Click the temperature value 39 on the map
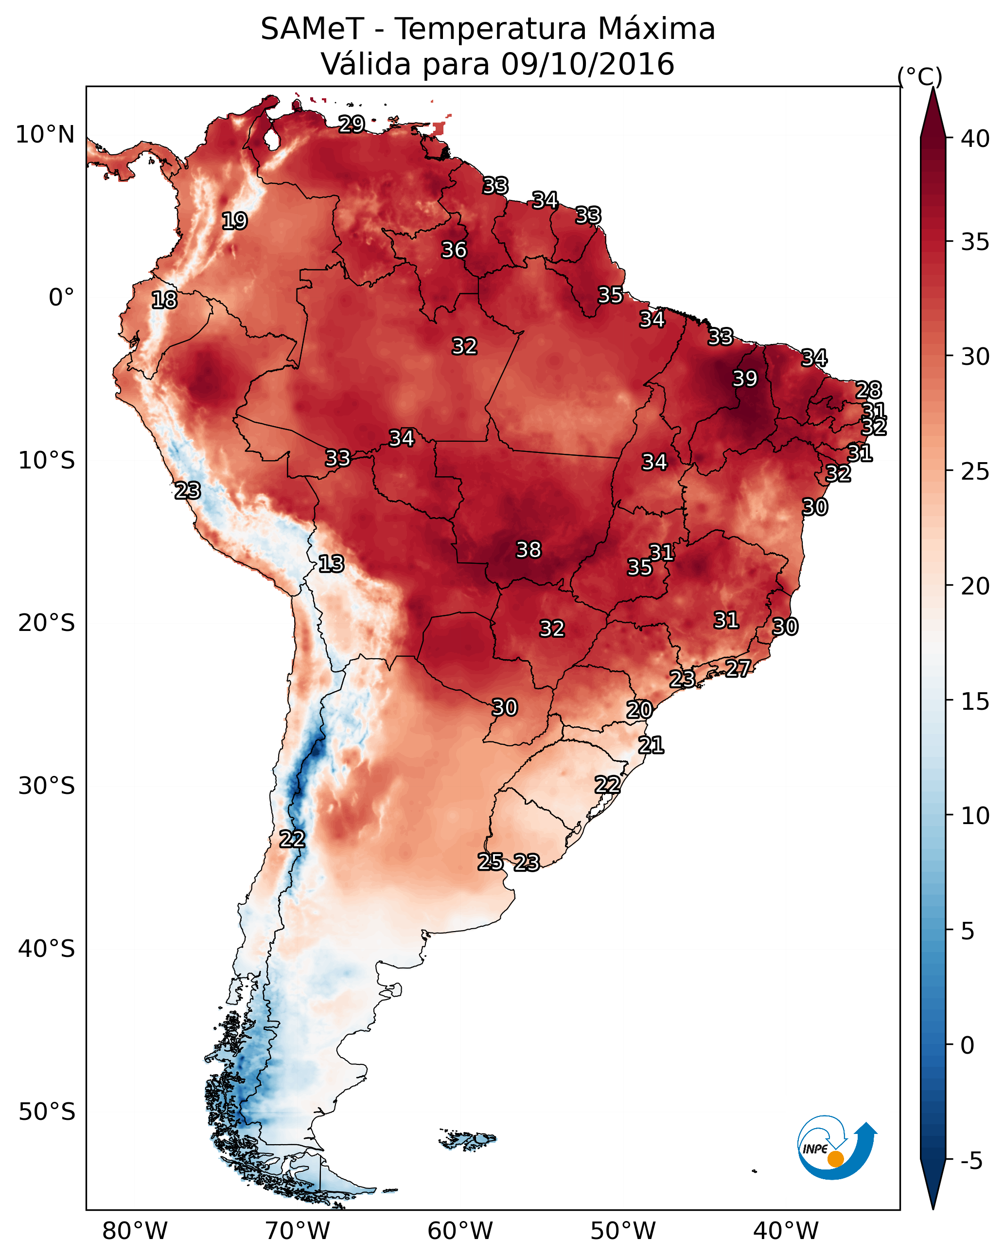745,378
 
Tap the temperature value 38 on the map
529,550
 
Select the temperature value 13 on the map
331,564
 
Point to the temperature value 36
454,250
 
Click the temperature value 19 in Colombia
234,221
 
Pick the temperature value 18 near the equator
164,300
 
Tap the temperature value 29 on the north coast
352,124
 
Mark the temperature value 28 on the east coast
868,390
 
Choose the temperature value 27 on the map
738,668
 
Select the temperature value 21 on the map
651,745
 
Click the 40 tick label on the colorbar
975,139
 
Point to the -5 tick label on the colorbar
972,1161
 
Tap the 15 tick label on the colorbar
975,701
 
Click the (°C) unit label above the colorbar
919,76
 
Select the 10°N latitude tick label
45,135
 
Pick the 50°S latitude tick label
47,1112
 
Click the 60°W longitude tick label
460,1231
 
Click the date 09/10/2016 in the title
588,64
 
